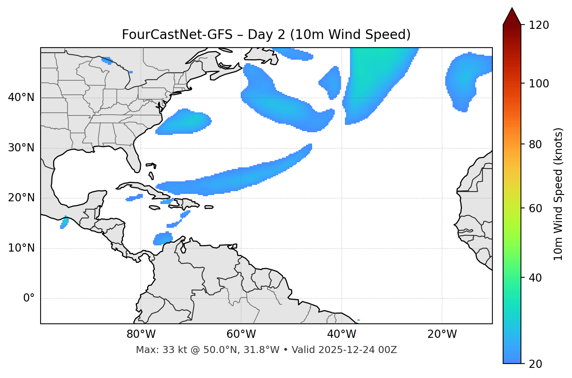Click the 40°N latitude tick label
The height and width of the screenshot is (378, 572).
(21, 98)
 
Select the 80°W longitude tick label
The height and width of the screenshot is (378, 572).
(141, 334)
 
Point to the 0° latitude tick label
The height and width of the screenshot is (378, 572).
(29, 298)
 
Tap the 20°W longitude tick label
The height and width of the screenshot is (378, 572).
(442, 334)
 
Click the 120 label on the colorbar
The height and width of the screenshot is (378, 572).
(540, 25)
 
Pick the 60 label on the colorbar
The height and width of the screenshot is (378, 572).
(537, 208)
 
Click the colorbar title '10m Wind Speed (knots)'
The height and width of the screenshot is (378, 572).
(558, 194)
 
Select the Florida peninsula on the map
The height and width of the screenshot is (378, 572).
(134, 160)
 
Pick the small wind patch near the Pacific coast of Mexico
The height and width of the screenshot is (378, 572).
(64, 223)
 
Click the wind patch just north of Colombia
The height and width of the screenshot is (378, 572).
(163, 238)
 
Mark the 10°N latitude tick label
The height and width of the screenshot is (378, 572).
(21, 248)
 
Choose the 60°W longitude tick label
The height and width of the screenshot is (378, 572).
(241, 334)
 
